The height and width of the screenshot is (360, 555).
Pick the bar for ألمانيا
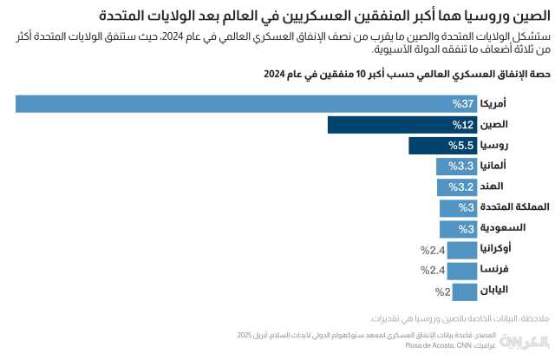tap(457, 167)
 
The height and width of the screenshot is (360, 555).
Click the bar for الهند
tap(457, 187)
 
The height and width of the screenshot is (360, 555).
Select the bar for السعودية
tap(459, 229)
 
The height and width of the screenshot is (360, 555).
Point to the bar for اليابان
tap(466, 291)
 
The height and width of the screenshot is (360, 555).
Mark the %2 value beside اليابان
tap(442, 291)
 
